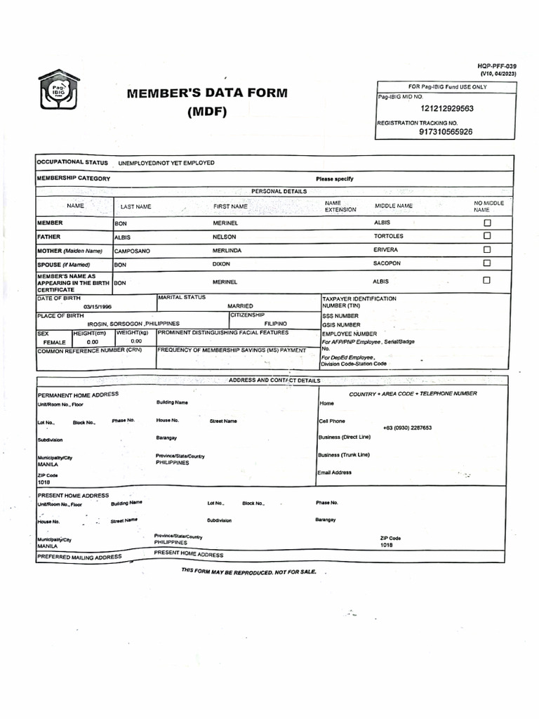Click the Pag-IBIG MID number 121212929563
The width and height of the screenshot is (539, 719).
coord(447,109)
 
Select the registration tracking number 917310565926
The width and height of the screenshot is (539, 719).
coord(446,131)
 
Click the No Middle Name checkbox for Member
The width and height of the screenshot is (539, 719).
coord(487,223)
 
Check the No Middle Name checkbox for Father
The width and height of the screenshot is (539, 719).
coord(487,237)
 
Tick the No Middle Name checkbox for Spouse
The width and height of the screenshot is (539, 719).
coord(487,263)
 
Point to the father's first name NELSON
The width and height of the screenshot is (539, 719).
coord(225,237)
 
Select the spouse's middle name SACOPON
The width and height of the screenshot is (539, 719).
coord(387,263)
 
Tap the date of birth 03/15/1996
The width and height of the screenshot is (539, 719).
coord(97,307)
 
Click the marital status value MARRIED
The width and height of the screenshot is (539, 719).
coord(240,307)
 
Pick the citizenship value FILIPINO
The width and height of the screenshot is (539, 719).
coord(275,324)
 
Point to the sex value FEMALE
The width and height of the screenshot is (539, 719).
coord(54,342)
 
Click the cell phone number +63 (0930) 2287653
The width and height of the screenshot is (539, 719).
coord(407,428)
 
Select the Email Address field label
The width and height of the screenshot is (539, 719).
coord(335,473)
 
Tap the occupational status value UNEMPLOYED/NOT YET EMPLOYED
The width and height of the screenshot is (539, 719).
coord(166,163)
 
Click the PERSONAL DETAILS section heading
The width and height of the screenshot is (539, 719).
coord(279,191)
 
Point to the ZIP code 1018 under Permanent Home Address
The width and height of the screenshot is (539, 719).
coord(44,483)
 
